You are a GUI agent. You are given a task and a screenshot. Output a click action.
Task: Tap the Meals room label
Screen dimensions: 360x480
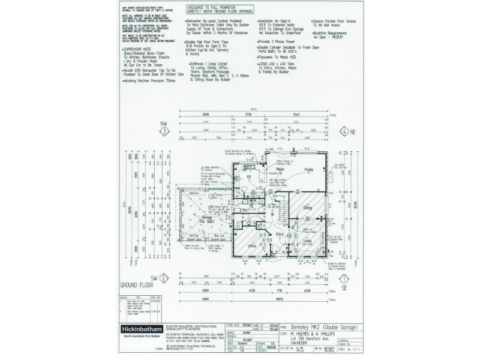click(x=280, y=170)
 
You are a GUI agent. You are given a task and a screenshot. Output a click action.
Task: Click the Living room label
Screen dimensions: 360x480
click(x=307, y=241)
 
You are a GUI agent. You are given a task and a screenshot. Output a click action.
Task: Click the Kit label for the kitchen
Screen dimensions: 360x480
click(x=248, y=177)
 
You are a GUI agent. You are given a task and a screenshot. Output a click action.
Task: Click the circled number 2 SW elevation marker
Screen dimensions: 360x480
click(x=163, y=278)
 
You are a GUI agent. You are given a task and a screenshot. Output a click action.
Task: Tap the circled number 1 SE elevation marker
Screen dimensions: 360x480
click(x=343, y=278)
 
